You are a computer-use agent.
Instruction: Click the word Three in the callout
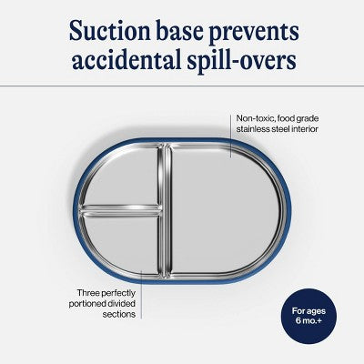tap(88, 293)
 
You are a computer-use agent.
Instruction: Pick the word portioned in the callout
tap(86, 304)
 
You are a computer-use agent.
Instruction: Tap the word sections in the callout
tap(119, 314)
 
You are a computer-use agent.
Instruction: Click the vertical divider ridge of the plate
tap(165, 210)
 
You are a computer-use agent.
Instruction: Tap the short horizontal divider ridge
tap(120, 210)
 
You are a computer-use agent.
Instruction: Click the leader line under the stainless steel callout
tap(231, 136)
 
